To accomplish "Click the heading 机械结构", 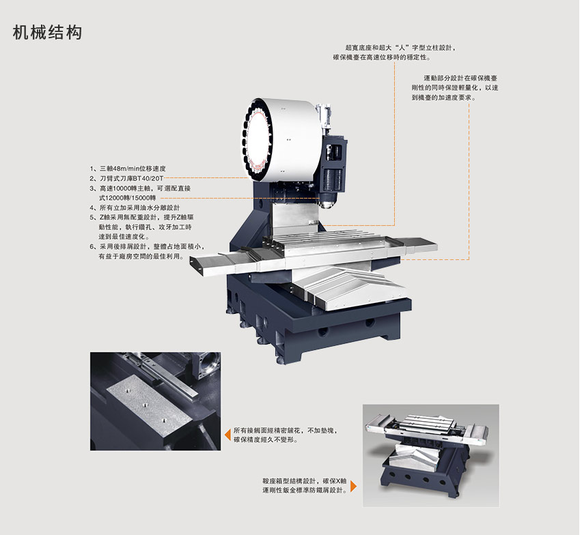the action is [x=47, y=33].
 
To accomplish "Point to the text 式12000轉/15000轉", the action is [x=127, y=198].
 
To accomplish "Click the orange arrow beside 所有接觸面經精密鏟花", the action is [x=228, y=435].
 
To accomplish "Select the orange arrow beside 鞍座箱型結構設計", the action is [x=353, y=486].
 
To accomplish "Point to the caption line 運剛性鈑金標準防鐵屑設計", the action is [x=305, y=491].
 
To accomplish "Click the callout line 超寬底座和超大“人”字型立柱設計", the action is [x=400, y=48].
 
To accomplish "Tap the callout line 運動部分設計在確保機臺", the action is [x=460, y=78].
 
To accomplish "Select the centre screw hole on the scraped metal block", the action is [x=145, y=405].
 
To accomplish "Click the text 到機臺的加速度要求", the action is [x=444, y=98].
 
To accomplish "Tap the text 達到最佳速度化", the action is [x=124, y=237].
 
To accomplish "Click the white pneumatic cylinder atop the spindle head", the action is [x=324, y=117].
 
